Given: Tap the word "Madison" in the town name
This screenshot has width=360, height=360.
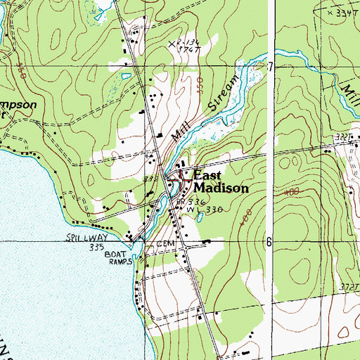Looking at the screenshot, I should tap(220, 188).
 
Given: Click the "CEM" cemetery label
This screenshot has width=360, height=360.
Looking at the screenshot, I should tap(165, 243).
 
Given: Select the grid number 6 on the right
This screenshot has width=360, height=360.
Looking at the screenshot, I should tap(268, 240).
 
